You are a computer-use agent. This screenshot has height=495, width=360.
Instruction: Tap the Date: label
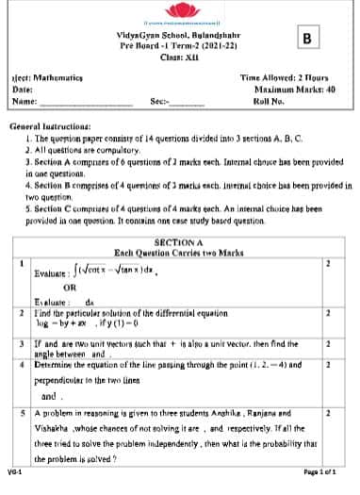point(23,89)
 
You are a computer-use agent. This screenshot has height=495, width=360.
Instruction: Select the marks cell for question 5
point(327,413)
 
